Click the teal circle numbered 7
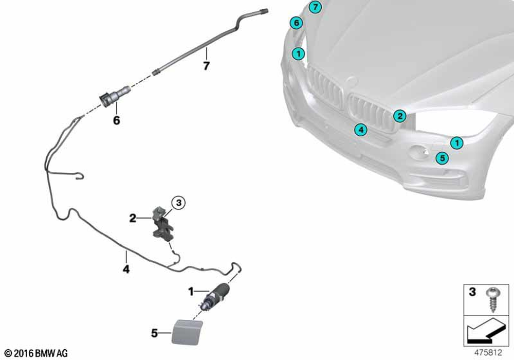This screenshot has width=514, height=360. pos(315,7)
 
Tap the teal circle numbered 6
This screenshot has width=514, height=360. pos(295,23)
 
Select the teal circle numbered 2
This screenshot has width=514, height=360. pos(400,116)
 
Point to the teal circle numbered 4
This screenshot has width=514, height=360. pos(361,130)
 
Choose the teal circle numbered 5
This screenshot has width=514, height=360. pos(441,157)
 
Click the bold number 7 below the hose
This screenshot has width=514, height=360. pos(206,66)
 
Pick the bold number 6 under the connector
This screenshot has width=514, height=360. pos(116,121)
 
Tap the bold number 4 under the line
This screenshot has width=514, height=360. pos(125,268)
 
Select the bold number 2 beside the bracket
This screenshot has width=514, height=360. pos(133,219)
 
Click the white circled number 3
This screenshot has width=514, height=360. pos(177,204)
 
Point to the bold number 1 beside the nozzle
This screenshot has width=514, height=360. pos(191,292)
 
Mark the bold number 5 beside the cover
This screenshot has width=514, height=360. pos(154,333)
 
